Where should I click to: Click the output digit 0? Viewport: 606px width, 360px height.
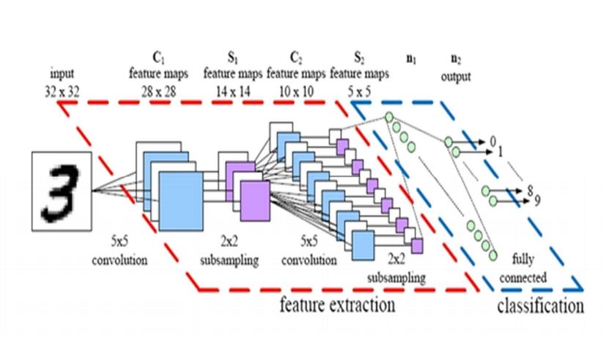492,140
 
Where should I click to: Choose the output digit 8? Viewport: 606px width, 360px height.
529,191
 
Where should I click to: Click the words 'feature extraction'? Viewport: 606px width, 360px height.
338,304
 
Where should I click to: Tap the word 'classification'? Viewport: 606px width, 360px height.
542,305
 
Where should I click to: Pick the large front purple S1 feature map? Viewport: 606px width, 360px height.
254,201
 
